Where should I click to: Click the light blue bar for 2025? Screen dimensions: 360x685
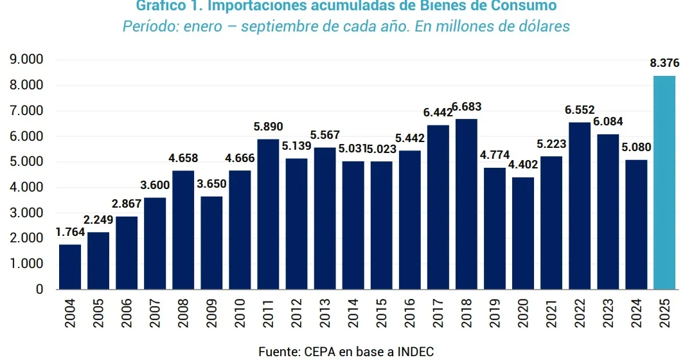point(664,183)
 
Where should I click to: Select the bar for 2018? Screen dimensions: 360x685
point(467,204)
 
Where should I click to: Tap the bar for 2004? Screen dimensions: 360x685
point(70,267)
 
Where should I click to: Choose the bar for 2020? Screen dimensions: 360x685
point(523,233)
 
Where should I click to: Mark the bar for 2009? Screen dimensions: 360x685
point(211,243)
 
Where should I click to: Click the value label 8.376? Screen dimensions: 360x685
point(664,63)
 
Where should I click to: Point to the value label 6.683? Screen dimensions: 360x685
point(467,107)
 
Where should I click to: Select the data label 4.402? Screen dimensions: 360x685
point(522,165)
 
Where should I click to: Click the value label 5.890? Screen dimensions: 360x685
point(268,127)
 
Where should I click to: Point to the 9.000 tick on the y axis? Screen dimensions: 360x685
point(26,60)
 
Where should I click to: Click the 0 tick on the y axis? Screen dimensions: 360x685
point(39,289)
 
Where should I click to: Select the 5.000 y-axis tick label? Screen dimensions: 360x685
point(26,162)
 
